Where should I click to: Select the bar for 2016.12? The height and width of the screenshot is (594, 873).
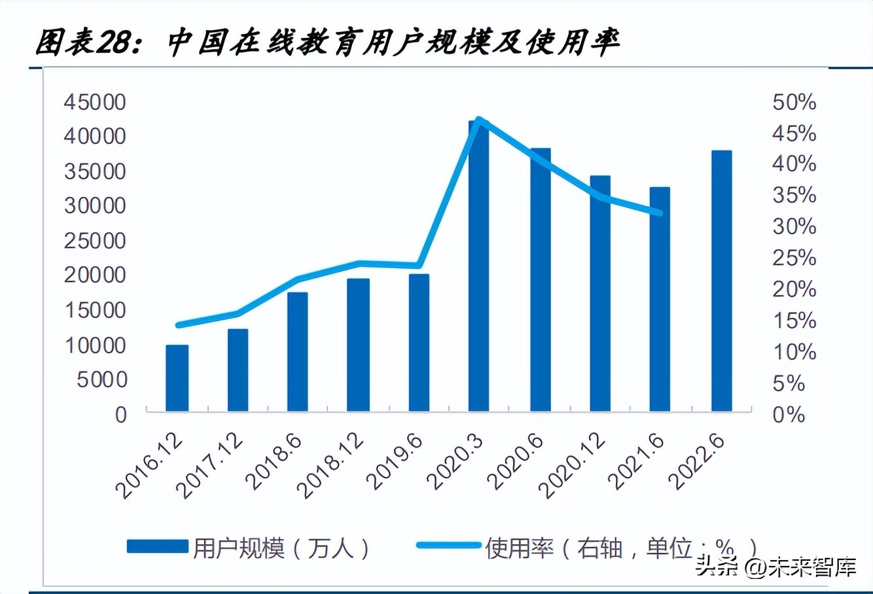pos(177,378)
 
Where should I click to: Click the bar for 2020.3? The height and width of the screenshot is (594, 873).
pos(478,268)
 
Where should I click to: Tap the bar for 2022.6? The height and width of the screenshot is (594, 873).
pos(721,281)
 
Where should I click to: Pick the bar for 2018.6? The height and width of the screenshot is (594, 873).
pos(297,352)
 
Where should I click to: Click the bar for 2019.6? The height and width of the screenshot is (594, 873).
pos(419,343)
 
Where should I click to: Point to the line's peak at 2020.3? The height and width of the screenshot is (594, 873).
pos(479,120)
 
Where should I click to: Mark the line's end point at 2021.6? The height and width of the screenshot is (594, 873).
pos(659,213)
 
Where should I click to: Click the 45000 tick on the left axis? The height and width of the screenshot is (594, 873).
pos(94,102)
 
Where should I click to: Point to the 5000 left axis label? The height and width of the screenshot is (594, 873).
pos(101,379)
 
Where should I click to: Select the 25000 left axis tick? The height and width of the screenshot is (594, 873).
pos(94,241)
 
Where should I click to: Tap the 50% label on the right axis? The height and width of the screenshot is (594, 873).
pos(794,102)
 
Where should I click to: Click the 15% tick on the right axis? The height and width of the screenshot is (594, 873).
pos(794,321)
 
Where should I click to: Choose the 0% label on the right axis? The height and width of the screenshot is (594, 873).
pos(789,415)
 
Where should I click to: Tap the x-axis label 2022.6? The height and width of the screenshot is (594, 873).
pos(698,461)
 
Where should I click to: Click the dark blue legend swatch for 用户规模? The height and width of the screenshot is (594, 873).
pos(157,547)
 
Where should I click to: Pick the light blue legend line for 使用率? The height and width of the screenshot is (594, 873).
pos(448,545)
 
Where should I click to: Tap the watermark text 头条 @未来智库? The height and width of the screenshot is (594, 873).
pos(775,566)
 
